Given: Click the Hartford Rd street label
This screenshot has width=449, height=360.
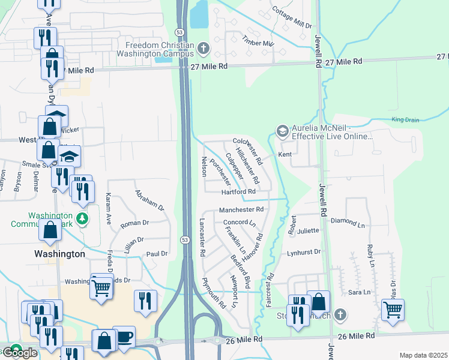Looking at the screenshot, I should click(x=238, y=191).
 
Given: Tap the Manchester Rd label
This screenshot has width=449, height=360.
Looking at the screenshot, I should click(x=241, y=210).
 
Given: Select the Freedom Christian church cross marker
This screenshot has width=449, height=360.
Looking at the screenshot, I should click(x=203, y=47).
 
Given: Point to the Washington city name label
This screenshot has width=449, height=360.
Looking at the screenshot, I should click(x=59, y=254).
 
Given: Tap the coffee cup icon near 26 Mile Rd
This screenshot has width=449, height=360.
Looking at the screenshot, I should click(x=124, y=336).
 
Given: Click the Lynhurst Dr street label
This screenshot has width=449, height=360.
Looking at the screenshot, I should click(x=304, y=253).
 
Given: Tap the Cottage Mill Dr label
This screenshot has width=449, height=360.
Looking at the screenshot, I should click(x=292, y=19).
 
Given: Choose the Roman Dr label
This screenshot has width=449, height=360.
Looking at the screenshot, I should click(x=134, y=223).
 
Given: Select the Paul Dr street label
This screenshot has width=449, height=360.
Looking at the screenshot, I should click(x=157, y=254).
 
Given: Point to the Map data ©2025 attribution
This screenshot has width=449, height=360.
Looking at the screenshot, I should click(x=423, y=355).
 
